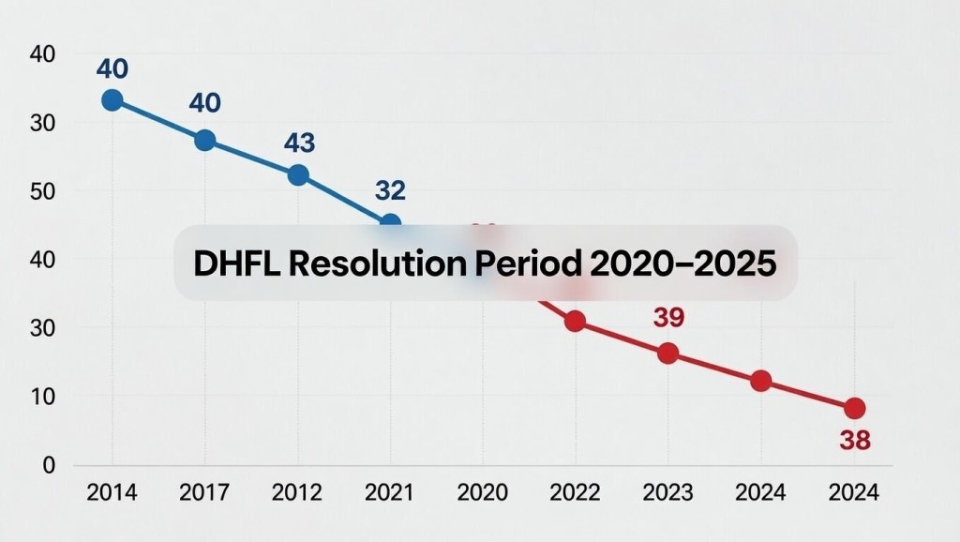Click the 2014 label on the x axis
pyautogui.click(x=112, y=492)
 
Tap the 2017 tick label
pyautogui.click(x=205, y=492)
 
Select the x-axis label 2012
pyautogui.click(x=298, y=492)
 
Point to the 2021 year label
pyautogui.click(x=390, y=492)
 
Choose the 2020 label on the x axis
pyautogui.click(x=483, y=492)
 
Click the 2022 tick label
pyautogui.click(x=575, y=492)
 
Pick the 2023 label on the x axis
pyautogui.click(x=667, y=492)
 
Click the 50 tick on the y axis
pyautogui.click(x=43, y=191)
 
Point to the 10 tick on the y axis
pyautogui.click(x=43, y=397)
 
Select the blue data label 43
pyautogui.click(x=298, y=143)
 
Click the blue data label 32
pyautogui.click(x=390, y=191)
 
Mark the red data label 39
pyautogui.click(x=668, y=318)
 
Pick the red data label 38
pyautogui.click(x=855, y=441)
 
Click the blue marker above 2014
pyautogui.click(x=112, y=99)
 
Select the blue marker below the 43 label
pyautogui.click(x=298, y=174)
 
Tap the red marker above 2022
pyautogui.click(x=575, y=322)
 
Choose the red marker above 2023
pyautogui.click(x=667, y=354)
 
